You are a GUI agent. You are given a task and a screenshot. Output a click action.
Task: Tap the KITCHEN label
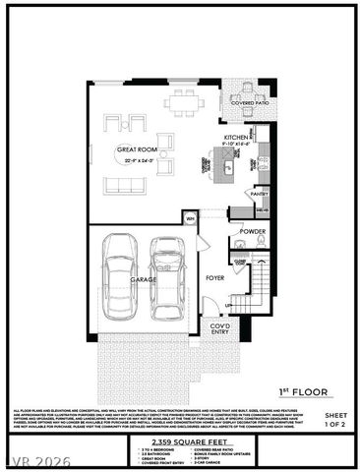tap(234, 138)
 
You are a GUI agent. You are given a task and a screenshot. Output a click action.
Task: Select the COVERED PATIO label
tap(250, 102)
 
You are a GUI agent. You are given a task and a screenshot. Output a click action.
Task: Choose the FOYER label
tap(214, 278)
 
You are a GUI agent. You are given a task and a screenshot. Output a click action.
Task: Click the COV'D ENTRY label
tap(220, 328)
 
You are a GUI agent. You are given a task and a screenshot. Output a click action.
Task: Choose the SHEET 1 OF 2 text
tap(336, 420)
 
